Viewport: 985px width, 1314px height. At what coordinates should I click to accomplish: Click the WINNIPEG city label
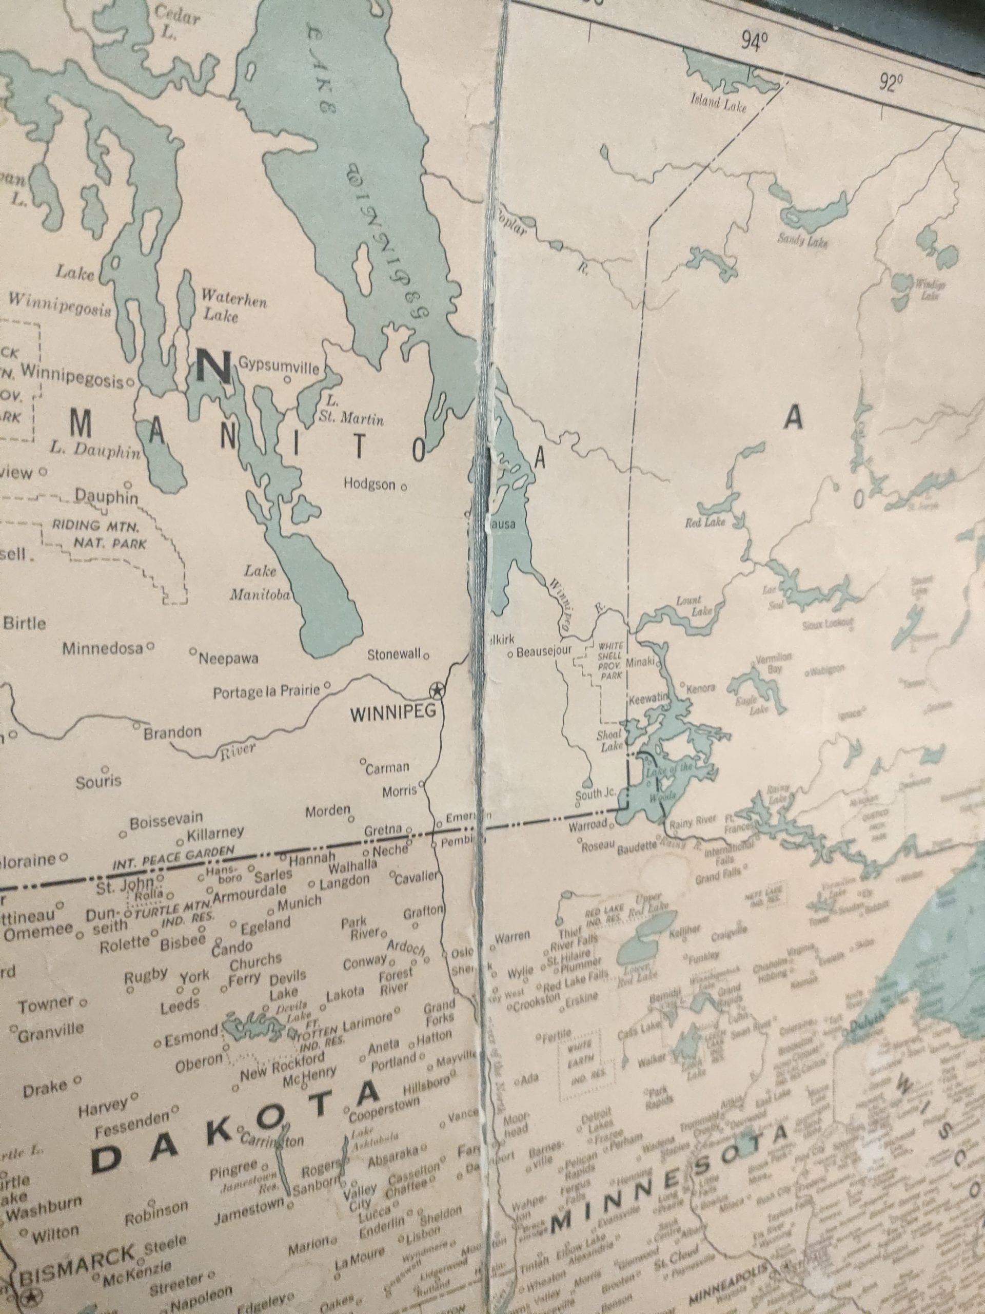click(x=393, y=712)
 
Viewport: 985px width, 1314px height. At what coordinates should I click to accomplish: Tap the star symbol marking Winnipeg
click(x=437, y=690)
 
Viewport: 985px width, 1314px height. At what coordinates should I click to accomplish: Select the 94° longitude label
click(x=754, y=42)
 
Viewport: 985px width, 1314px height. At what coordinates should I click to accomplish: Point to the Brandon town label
click(x=172, y=732)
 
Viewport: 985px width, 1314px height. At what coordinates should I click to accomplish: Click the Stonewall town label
click(x=393, y=654)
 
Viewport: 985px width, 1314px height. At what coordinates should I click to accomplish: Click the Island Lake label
click(x=718, y=104)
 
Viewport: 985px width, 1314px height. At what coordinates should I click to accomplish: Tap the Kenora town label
click(x=701, y=689)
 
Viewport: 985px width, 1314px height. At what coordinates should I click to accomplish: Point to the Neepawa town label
click(x=229, y=658)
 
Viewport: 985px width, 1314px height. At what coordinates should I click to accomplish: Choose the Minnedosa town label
click(x=103, y=648)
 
